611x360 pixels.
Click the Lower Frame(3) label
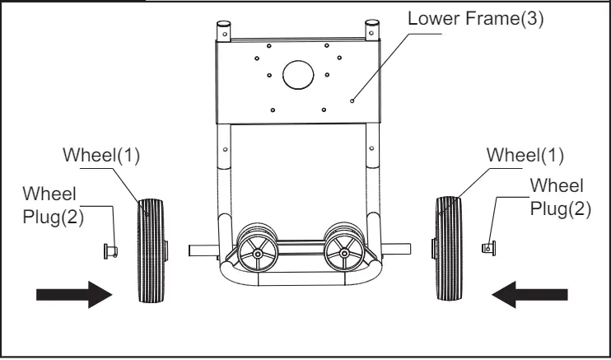pos(475,19)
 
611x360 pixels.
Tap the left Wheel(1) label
pos(101,155)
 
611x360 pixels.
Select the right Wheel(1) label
pos(525,155)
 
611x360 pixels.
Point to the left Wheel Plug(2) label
pos(53,206)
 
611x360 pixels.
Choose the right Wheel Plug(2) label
pos(560,198)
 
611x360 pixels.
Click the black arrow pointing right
pos(74,294)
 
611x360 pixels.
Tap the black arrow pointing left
pos(529,294)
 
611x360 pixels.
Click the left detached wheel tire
pos(152,250)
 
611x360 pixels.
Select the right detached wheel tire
pos(448,249)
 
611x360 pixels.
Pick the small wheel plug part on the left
pos(110,250)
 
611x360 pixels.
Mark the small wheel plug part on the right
pos(488,248)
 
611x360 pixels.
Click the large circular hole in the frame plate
pos(298,75)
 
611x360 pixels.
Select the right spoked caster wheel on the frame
pos(344,250)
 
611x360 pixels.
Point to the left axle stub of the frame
pos(203,250)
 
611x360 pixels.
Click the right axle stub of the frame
pos(395,249)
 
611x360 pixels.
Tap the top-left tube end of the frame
pos(224,30)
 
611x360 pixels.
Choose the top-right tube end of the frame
pos(372,30)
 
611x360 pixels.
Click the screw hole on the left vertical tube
pos(225,149)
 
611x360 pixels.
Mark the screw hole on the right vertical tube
pos(371,148)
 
